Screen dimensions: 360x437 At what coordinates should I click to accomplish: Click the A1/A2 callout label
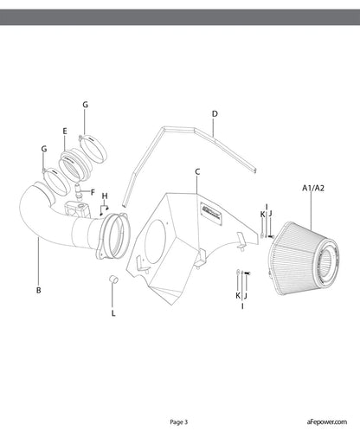click(x=313, y=188)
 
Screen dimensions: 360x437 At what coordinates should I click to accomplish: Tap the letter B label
click(x=38, y=290)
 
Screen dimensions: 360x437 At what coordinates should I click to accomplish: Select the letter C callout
click(x=197, y=172)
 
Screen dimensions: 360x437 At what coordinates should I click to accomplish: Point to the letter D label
click(x=215, y=114)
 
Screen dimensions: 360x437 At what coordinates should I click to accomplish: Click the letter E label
click(x=65, y=132)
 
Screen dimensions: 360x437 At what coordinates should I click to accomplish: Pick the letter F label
click(x=93, y=192)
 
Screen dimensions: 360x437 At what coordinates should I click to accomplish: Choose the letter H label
click(x=105, y=196)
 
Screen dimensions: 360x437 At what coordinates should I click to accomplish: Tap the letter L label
click(x=113, y=313)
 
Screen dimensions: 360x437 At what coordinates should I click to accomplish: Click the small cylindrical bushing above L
click(x=113, y=280)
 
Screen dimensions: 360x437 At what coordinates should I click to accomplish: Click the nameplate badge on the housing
click(x=211, y=214)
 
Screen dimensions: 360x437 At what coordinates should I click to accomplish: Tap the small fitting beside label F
click(x=78, y=190)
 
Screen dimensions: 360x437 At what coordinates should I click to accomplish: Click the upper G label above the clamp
click(x=85, y=105)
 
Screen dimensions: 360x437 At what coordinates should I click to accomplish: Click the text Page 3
click(x=179, y=422)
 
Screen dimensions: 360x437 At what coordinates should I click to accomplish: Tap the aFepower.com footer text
click(x=327, y=421)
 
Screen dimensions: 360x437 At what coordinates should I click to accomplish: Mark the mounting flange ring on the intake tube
click(x=113, y=236)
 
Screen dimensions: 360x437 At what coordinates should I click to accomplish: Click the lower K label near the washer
click(x=238, y=295)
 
